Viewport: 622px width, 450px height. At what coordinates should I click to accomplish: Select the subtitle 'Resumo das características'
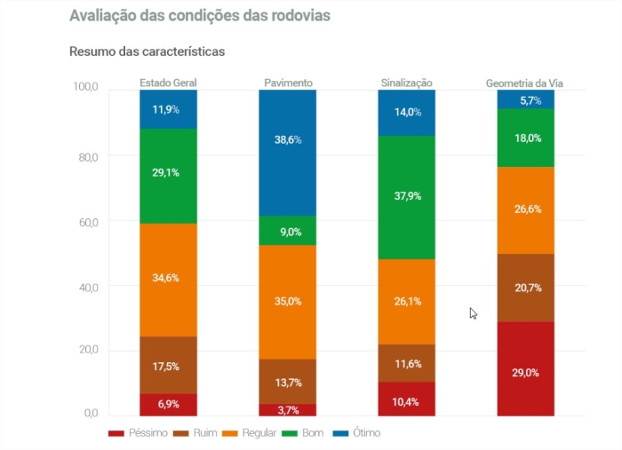(147, 51)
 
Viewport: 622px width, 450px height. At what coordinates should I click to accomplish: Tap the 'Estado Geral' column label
(168, 83)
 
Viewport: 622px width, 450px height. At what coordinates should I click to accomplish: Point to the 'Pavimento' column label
(288, 83)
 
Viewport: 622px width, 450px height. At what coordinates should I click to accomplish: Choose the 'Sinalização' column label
(406, 83)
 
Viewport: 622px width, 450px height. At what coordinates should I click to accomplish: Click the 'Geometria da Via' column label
(525, 83)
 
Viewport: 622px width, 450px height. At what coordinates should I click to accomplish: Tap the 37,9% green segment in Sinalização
(406, 197)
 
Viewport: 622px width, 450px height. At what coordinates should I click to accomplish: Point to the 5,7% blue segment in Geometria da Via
(525, 99)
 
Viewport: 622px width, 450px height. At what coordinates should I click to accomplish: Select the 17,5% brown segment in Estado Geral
(168, 365)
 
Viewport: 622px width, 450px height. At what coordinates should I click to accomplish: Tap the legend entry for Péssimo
(134, 433)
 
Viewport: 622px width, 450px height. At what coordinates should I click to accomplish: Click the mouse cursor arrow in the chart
(473, 312)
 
